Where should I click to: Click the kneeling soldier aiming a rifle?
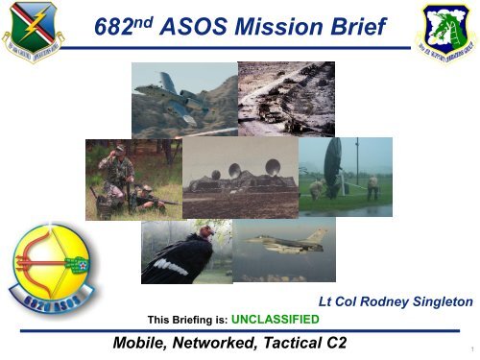click(143, 198)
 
